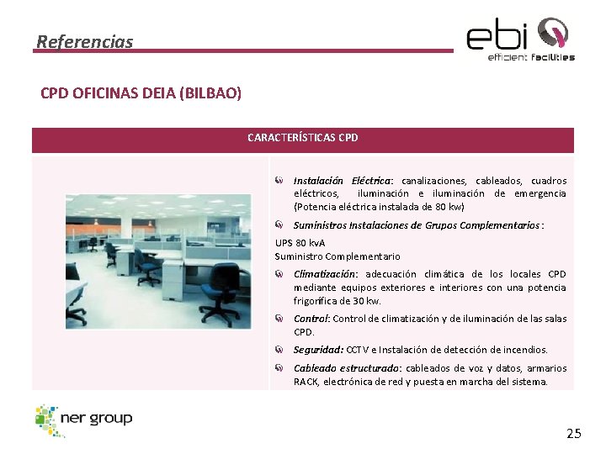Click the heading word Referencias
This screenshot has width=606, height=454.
(85, 41)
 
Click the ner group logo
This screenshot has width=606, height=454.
(84, 420)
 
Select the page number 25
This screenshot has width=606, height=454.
(573, 434)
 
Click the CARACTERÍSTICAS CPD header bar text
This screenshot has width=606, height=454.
(302, 137)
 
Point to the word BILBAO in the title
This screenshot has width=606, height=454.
(210, 93)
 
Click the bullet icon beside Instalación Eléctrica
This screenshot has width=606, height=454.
(279, 181)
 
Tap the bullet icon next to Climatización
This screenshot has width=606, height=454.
(279, 274)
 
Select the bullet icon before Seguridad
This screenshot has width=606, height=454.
(279, 349)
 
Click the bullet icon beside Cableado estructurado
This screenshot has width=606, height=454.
(279, 368)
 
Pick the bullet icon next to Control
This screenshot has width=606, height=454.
(279, 319)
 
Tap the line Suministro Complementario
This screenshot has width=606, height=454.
(338, 256)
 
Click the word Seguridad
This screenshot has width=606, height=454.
(317, 350)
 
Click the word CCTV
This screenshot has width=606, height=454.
(358, 350)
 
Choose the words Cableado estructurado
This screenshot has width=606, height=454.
(347, 368)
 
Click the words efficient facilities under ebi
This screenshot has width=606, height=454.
(531, 57)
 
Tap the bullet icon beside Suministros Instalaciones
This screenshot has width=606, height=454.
(279, 224)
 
